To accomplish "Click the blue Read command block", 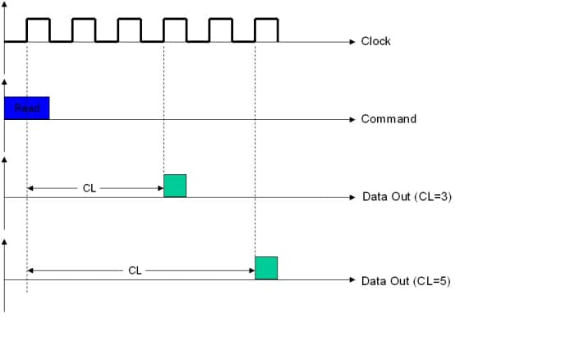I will click(x=26, y=108).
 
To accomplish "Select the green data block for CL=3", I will click(x=175, y=186).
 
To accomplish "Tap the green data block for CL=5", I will click(x=266, y=268).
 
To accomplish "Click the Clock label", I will click(x=375, y=41).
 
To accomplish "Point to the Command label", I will click(x=389, y=119).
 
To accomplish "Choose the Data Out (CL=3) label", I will click(x=406, y=197).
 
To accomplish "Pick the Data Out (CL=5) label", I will click(x=406, y=280).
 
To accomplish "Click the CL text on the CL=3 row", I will click(x=90, y=188).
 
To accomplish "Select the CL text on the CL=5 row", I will click(x=135, y=270).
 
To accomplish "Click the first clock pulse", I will click(x=38, y=29).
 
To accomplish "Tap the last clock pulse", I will click(x=266, y=29).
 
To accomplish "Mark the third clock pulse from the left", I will click(x=129, y=29).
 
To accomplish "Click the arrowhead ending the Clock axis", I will click(x=352, y=41).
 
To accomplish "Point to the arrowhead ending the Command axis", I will click(x=352, y=119).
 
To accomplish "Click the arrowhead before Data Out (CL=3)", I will click(x=352, y=197).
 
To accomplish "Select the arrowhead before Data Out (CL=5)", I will click(x=352, y=280).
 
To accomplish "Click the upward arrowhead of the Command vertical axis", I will click(x=5, y=82).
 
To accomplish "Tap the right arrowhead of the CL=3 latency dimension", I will click(x=160, y=188).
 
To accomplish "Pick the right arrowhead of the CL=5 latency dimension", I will click(x=251, y=270).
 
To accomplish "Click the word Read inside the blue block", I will click(x=27, y=108).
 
